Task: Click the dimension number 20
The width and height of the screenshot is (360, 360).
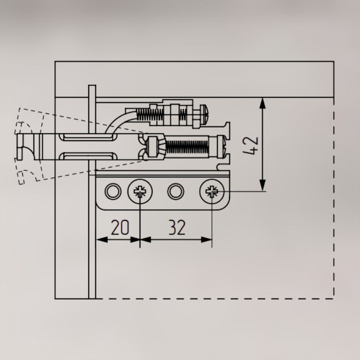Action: [120, 227]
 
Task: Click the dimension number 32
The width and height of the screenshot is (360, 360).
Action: [177, 227]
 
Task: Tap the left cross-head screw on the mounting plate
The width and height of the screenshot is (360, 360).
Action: [140, 191]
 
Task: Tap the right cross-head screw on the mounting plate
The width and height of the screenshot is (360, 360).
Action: [212, 191]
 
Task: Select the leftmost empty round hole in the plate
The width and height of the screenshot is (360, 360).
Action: [113, 191]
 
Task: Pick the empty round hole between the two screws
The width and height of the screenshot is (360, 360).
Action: [176, 191]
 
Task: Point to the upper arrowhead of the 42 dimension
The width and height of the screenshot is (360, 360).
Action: [262, 103]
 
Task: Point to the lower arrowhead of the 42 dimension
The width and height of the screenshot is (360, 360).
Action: [262, 185]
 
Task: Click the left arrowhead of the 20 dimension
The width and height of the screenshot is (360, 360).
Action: [102, 240]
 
